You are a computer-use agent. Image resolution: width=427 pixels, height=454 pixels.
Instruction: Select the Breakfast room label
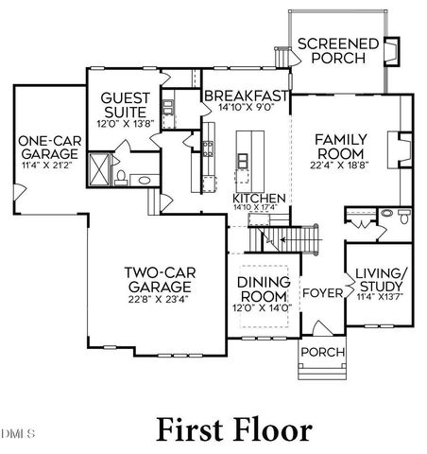click(246, 96)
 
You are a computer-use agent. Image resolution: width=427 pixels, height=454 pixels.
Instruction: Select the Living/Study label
click(383, 281)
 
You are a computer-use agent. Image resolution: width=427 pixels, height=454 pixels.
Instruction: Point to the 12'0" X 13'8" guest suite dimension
click(125, 122)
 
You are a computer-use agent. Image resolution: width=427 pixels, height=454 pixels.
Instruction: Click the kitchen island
click(244, 156)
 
